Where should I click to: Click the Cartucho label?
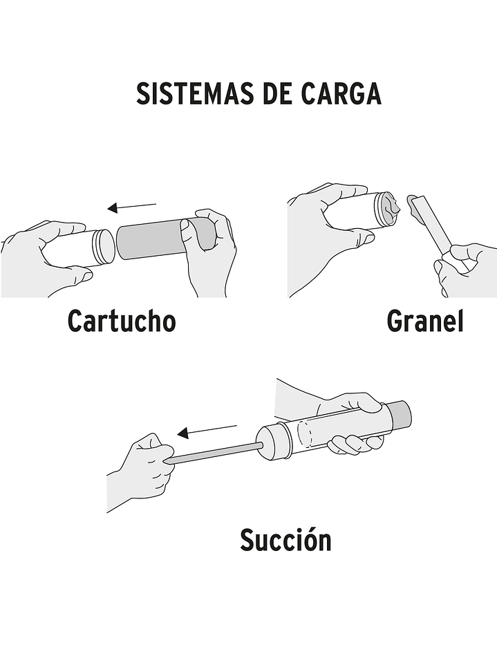coord(122,321)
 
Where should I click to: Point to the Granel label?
coord(425,321)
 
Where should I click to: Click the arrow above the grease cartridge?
coord(132,207)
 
